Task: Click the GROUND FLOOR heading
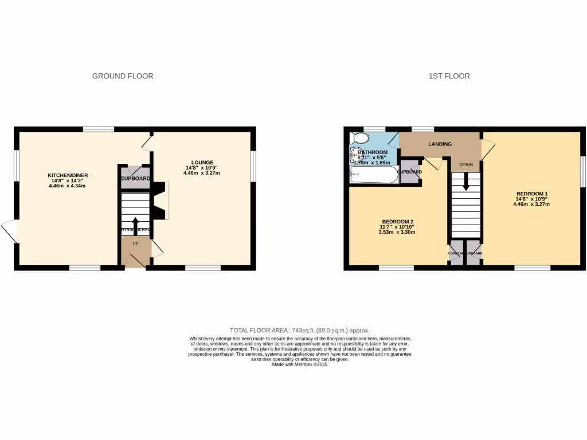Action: [123, 76]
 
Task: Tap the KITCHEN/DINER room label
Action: [68, 175]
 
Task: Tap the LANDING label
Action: [440, 144]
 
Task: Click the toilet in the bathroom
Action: [359, 138]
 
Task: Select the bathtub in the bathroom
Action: [374, 174]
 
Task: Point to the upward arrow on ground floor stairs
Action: [135, 223]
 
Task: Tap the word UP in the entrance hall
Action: [135, 243]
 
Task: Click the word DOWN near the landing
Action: [465, 164]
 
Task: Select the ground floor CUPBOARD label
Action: [135, 178]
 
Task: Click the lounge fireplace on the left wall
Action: [164, 201]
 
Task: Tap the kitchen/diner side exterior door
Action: [10, 231]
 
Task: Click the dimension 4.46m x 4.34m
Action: [68, 186]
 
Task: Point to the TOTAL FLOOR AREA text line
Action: [299, 331]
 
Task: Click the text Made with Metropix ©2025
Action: [299, 364]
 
